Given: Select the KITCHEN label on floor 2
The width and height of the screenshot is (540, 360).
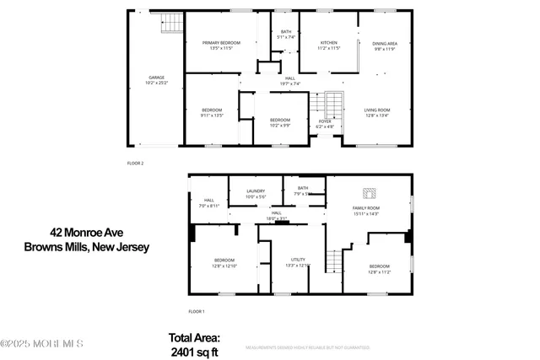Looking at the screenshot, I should coord(328,45).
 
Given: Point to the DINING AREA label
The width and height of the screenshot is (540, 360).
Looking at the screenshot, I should coord(385,45).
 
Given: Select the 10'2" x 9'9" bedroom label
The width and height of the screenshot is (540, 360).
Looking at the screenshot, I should coord(279,121).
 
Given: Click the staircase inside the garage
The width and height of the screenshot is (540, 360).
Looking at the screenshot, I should coord(171,23).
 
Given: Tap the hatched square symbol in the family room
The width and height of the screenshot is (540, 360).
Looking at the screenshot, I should coord(369,192).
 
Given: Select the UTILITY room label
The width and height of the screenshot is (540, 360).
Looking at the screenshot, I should coord(298,262).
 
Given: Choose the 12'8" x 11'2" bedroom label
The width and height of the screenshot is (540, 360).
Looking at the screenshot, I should coord(379,268).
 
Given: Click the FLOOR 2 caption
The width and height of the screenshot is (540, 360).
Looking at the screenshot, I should coord(135,162).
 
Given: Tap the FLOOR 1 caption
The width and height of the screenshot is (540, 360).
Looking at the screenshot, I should coord(196,311).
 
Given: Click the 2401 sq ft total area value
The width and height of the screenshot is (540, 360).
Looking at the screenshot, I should coord(194,352).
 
